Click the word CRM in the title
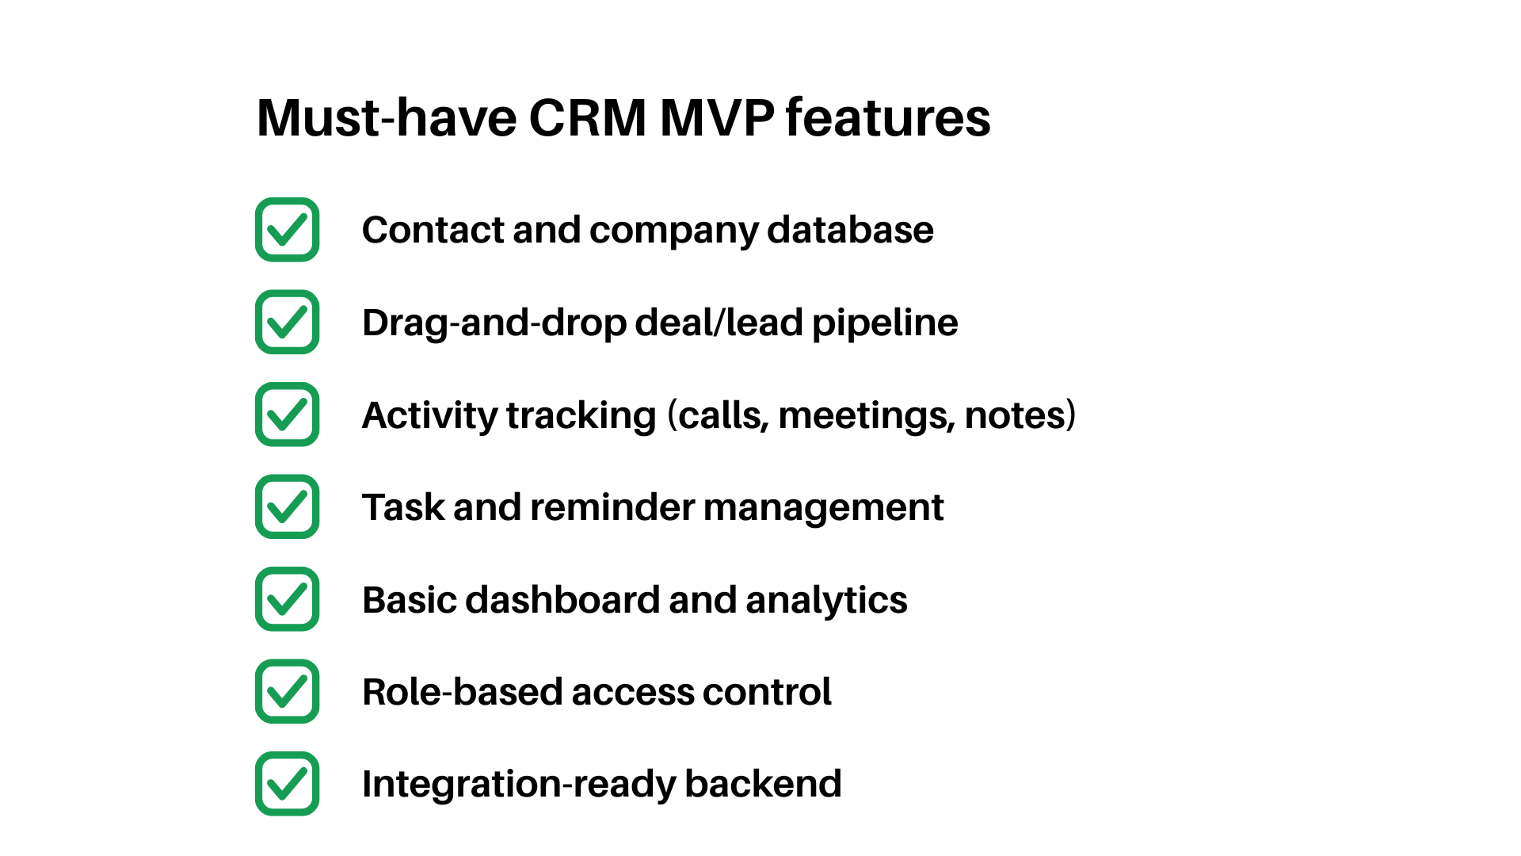pyautogui.click(x=587, y=118)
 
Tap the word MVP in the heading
pyautogui.click(x=717, y=118)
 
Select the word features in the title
pyautogui.click(x=887, y=118)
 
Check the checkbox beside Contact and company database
pyautogui.click(x=287, y=230)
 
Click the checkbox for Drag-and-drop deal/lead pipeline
pyautogui.click(x=287, y=322)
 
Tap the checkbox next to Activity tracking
pyautogui.click(x=287, y=415)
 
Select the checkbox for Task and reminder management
pyautogui.click(x=287, y=506)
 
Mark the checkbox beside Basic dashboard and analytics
pyautogui.click(x=287, y=599)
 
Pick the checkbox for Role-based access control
pyautogui.click(x=287, y=691)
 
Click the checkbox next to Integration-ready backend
pyautogui.click(x=287, y=784)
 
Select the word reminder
pyautogui.click(x=612, y=507)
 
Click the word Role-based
pyautogui.click(x=462, y=692)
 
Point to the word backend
pyautogui.click(x=762, y=784)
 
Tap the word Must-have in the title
pyautogui.click(x=387, y=118)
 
